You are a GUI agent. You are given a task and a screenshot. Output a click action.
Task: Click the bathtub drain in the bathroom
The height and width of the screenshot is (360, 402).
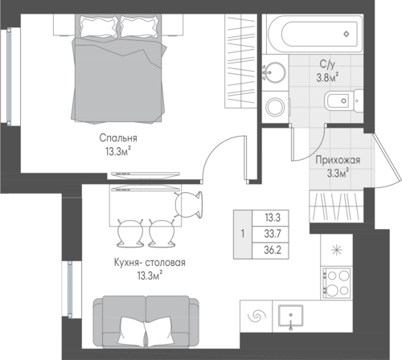pos(347,34)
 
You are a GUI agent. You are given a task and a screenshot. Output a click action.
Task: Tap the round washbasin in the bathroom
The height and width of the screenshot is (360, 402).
pos(274,72)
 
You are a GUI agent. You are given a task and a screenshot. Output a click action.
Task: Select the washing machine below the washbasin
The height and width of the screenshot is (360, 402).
pos(275,108)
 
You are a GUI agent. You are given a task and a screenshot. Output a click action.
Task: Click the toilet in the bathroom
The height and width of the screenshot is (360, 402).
pos(344,101)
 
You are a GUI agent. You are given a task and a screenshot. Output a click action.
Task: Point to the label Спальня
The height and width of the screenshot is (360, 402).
pos(118,138)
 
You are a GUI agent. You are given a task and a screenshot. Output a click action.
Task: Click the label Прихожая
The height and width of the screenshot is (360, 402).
pos(338,160)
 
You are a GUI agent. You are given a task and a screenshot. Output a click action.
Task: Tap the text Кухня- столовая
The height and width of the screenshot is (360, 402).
pos(150,263)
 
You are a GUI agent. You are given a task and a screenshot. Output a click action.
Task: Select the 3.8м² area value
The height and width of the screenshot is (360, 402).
pos(327,77)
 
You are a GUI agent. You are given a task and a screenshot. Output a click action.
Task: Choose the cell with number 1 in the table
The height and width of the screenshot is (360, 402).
pos(243,234)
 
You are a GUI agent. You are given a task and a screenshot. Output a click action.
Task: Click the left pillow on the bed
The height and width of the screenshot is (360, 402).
pos(98,27)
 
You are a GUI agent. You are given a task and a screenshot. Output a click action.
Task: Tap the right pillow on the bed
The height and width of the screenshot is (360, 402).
pos(139,27)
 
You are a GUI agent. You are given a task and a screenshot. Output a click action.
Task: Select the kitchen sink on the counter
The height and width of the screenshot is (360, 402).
pos(291,316)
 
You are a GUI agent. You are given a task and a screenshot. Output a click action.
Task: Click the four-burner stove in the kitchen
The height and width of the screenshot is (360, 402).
pos(337,283)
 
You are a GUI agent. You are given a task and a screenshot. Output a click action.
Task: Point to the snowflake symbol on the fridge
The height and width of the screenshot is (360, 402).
pos(337,251)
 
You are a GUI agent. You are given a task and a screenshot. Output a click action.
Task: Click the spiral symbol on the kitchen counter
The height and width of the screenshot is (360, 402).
pos(256,316)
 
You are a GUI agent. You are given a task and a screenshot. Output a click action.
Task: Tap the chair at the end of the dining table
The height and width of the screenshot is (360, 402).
pos(189,205)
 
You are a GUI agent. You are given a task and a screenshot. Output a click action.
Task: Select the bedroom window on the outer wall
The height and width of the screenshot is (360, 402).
pos(9,76)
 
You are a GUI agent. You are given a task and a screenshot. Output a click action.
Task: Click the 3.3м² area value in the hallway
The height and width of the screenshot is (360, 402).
pos(338,174)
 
